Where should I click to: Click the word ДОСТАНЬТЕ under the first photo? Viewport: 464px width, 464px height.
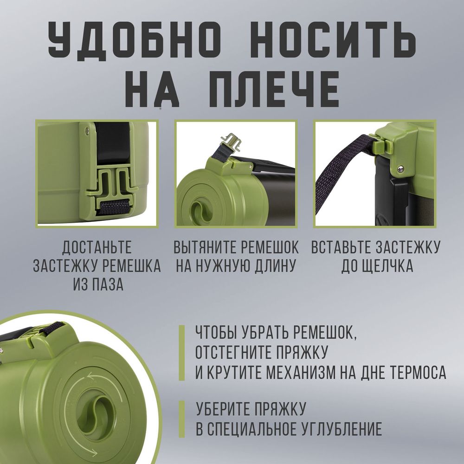click(x=97, y=247)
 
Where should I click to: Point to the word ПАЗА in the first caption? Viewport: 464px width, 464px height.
click(x=108, y=284)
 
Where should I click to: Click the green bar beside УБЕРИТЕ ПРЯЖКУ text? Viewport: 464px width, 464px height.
click(x=182, y=419)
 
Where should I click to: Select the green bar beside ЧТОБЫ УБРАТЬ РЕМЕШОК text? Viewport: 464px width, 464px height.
click(x=182, y=353)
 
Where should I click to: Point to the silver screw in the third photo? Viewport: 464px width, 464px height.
click(x=400, y=169)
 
